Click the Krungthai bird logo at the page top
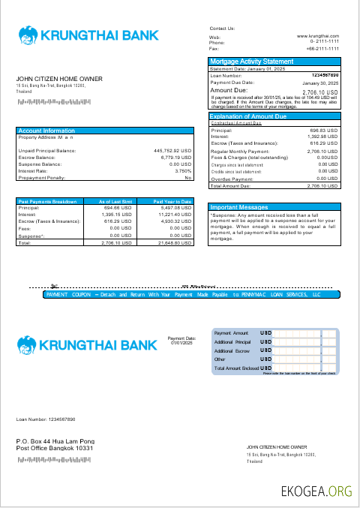[x=28, y=35]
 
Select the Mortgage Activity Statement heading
[x=251, y=62]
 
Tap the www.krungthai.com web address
[x=318, y=36]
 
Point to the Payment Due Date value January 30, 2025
[x=320, y=83]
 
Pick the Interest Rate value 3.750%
[x=183, y=171]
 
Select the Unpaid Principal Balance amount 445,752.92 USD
[x=172, y=151]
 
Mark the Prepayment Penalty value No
[x=188, y=178]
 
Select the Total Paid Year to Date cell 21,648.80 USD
[x=174, y=244]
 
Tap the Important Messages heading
[x=239, y=207]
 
